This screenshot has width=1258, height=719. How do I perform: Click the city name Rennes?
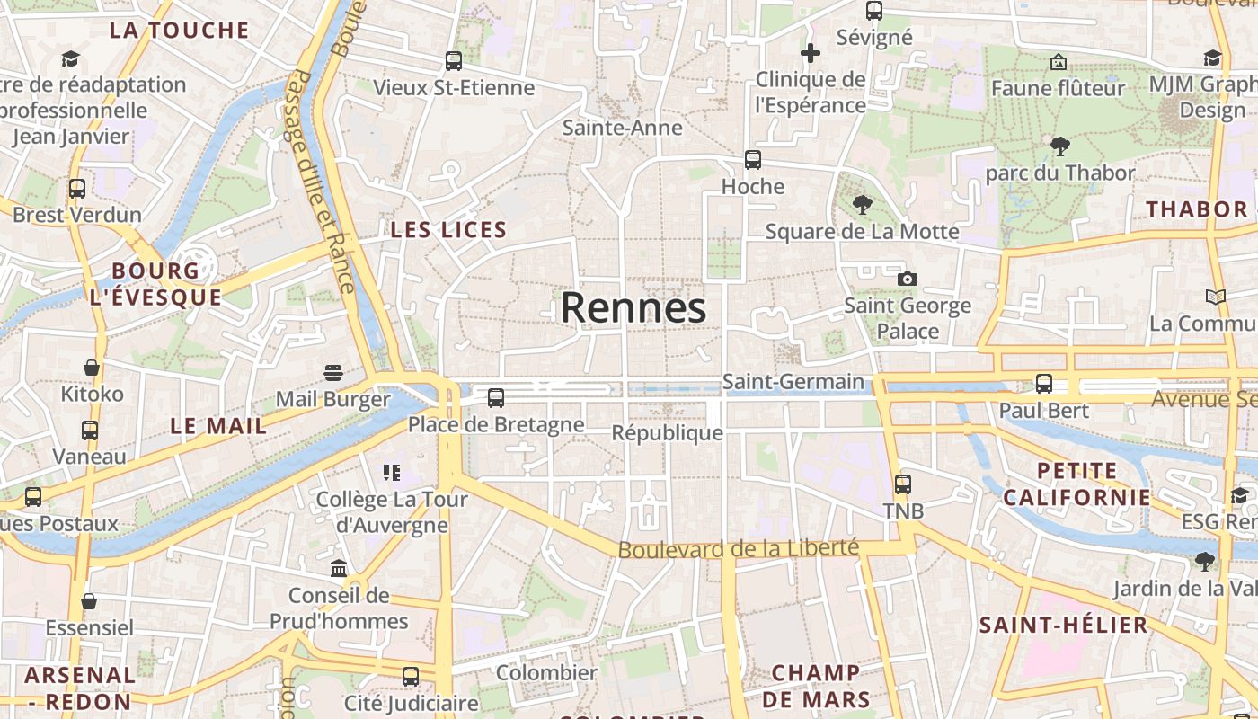[633, 308]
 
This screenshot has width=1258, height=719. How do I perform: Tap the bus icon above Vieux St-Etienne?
[454, 61]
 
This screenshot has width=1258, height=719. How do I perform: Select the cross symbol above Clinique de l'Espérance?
[811, 53]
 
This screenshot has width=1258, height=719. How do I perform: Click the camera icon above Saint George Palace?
[908, 279]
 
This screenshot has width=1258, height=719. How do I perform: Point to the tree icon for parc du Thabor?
[1060, 146]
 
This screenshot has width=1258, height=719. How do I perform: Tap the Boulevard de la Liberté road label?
[739, 548]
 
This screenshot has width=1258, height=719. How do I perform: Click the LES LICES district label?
[448, 230]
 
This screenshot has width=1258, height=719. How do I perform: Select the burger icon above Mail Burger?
[333, 373]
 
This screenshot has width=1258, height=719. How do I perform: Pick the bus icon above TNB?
[903, 484]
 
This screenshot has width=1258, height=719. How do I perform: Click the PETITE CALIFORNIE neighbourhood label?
[1076, 484]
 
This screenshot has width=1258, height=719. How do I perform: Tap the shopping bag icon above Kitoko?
[92, 368]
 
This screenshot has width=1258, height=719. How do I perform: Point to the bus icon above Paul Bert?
[1044, 384]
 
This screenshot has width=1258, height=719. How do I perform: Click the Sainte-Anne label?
[623, 128]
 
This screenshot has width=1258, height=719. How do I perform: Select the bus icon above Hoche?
[753, 160]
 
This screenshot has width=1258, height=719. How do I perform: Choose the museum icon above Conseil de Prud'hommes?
[339, 568]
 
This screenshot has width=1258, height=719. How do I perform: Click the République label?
[667, 433]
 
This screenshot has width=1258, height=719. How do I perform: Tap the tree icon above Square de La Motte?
[863, 205]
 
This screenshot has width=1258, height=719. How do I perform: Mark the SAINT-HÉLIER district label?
[1063, 625]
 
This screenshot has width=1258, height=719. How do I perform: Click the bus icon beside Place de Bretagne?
[495, 397]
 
